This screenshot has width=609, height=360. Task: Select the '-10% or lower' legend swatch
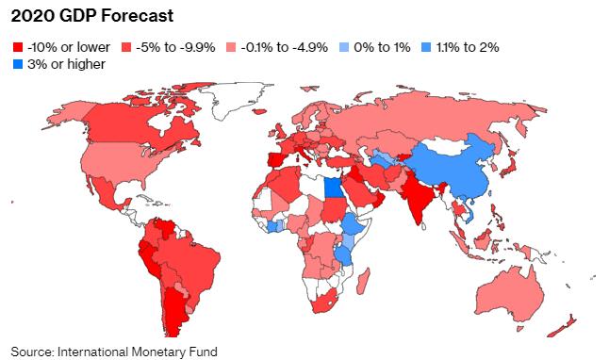click(x=20, y=46)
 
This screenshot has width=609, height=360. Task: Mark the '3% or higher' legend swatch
click(x=20, y=64)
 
